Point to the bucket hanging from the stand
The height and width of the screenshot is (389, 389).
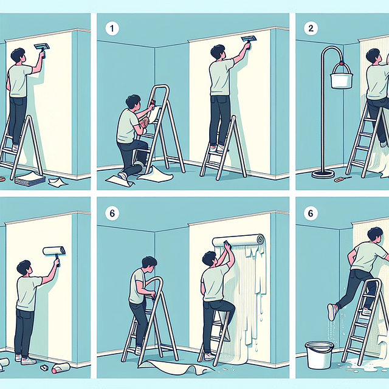(342, 77)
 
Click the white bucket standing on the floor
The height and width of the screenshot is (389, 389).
(318, 355)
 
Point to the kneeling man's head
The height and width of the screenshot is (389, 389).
(133, 102)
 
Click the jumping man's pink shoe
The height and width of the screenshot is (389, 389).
(332, 311)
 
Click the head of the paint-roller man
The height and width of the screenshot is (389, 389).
(24, 267)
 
